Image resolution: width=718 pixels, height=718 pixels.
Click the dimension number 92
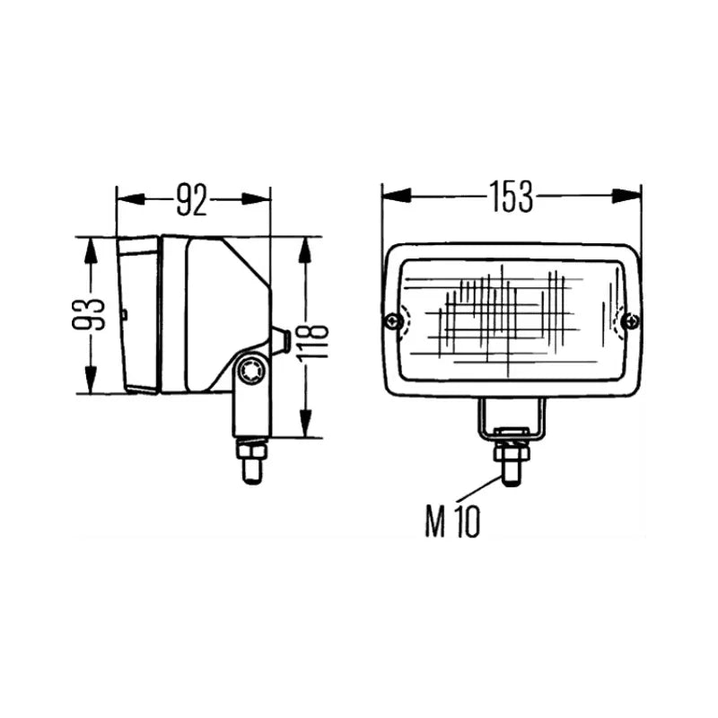point(192,199)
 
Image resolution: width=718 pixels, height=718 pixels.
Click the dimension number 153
point(511,197)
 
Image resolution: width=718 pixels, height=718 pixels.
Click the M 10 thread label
point(452,521)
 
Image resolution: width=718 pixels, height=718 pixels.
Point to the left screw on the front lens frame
point(391,321)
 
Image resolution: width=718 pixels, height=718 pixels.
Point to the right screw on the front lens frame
point(634,321)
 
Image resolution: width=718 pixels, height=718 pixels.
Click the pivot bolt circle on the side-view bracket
point(252,368)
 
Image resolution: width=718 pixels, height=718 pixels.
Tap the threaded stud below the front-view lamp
point(511,470)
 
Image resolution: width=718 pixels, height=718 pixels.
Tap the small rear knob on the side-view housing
point(279,340)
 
